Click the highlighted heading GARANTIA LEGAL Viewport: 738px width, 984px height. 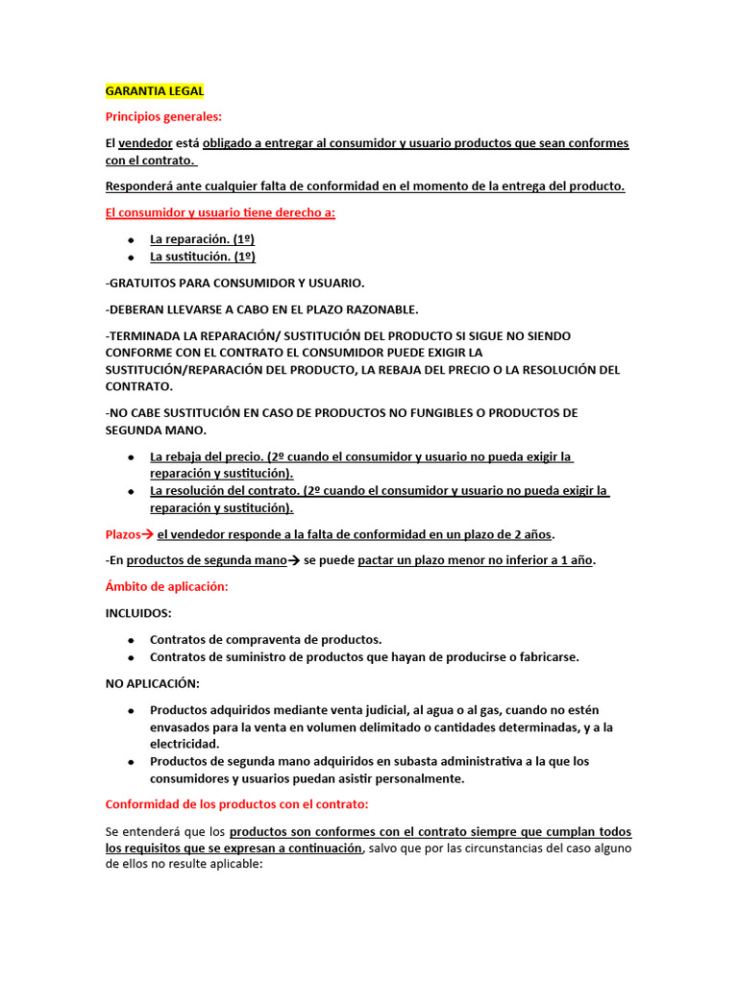[x=154, y=91]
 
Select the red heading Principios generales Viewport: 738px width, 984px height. [x=162, y=117]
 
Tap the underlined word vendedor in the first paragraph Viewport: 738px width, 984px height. [x=145, y=143]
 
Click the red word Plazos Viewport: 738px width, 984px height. [x=123, y=534]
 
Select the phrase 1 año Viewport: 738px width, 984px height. [x=574, y=560]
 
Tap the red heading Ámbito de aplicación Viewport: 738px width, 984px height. [x=166, y=586]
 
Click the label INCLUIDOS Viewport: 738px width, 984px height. [x=138, y=613]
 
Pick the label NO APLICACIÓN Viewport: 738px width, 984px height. [x=152, y=683]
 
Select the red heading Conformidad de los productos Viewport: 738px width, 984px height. [x=236, y=804]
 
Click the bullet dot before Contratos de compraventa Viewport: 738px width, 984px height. [x=130, y=640]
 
